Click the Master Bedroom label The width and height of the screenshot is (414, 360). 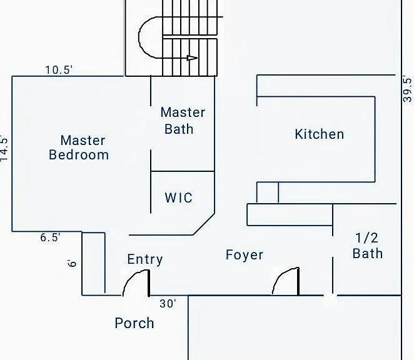click(x=79, y=147)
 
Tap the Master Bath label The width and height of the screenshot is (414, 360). click(x=183, y=121)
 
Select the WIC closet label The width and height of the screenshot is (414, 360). click(x=179, y=197)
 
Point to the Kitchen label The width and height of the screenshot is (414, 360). click(x=320, y=134)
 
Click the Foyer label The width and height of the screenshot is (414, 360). click(x=245, y=255)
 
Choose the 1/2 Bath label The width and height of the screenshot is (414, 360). click(x=368, y=246)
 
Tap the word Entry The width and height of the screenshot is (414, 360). click(x=145, y=259)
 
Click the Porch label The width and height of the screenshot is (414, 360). click(x=134, y=323)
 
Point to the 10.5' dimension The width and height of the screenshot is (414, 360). click(x=59, y=70)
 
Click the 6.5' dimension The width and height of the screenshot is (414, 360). click(x=50, y=237)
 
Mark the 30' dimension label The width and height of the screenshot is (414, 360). click(x=168, y=304)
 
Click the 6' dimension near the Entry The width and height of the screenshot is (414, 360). click(x=72, y=263)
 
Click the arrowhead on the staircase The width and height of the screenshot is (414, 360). click(x=192, y=58)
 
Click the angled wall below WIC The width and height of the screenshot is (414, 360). click(x=204, y=224)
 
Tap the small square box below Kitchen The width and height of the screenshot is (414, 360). click(x=268, y=192)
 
